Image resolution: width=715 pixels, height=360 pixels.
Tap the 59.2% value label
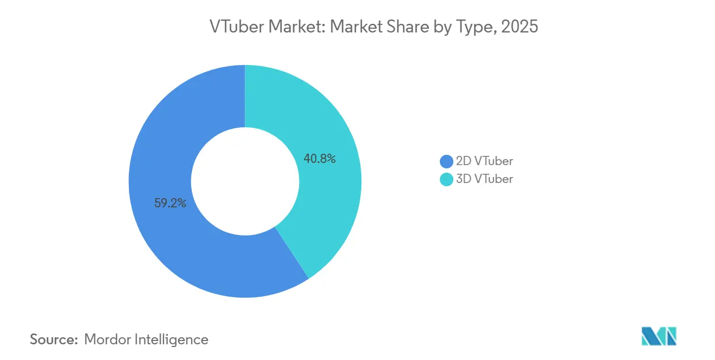[x=170, y=204]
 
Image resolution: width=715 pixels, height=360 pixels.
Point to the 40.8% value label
[x=320, y=159]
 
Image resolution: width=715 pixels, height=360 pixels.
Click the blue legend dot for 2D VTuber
[x=446, y=161]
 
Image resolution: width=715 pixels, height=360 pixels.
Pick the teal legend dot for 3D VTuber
[x=446, y=179]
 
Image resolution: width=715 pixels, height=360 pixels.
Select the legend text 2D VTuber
[x=484, y=161]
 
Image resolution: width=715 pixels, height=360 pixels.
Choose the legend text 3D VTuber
[x=484, y=179]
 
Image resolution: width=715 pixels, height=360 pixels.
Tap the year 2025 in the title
[x=519, y=27]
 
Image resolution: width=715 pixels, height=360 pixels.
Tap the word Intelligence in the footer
[x=173, y=340]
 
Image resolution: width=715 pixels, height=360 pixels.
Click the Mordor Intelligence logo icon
[x=659, y=336]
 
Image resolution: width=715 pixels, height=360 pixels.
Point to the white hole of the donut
[x=245, y=181]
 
